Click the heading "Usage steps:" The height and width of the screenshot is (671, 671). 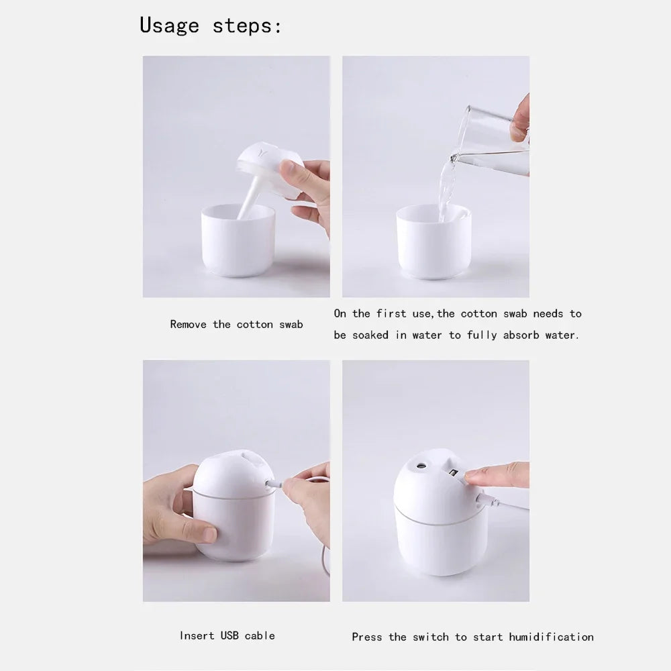click(211, 26)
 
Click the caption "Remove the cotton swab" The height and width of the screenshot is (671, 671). click(236, 325)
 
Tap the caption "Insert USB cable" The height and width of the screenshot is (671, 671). click(227, 635)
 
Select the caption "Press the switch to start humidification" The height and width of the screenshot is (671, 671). click(472, 637)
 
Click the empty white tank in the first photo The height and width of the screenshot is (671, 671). click(238, 242)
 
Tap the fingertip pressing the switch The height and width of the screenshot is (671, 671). click(472, 475)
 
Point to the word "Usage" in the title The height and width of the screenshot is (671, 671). click(169, 26)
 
